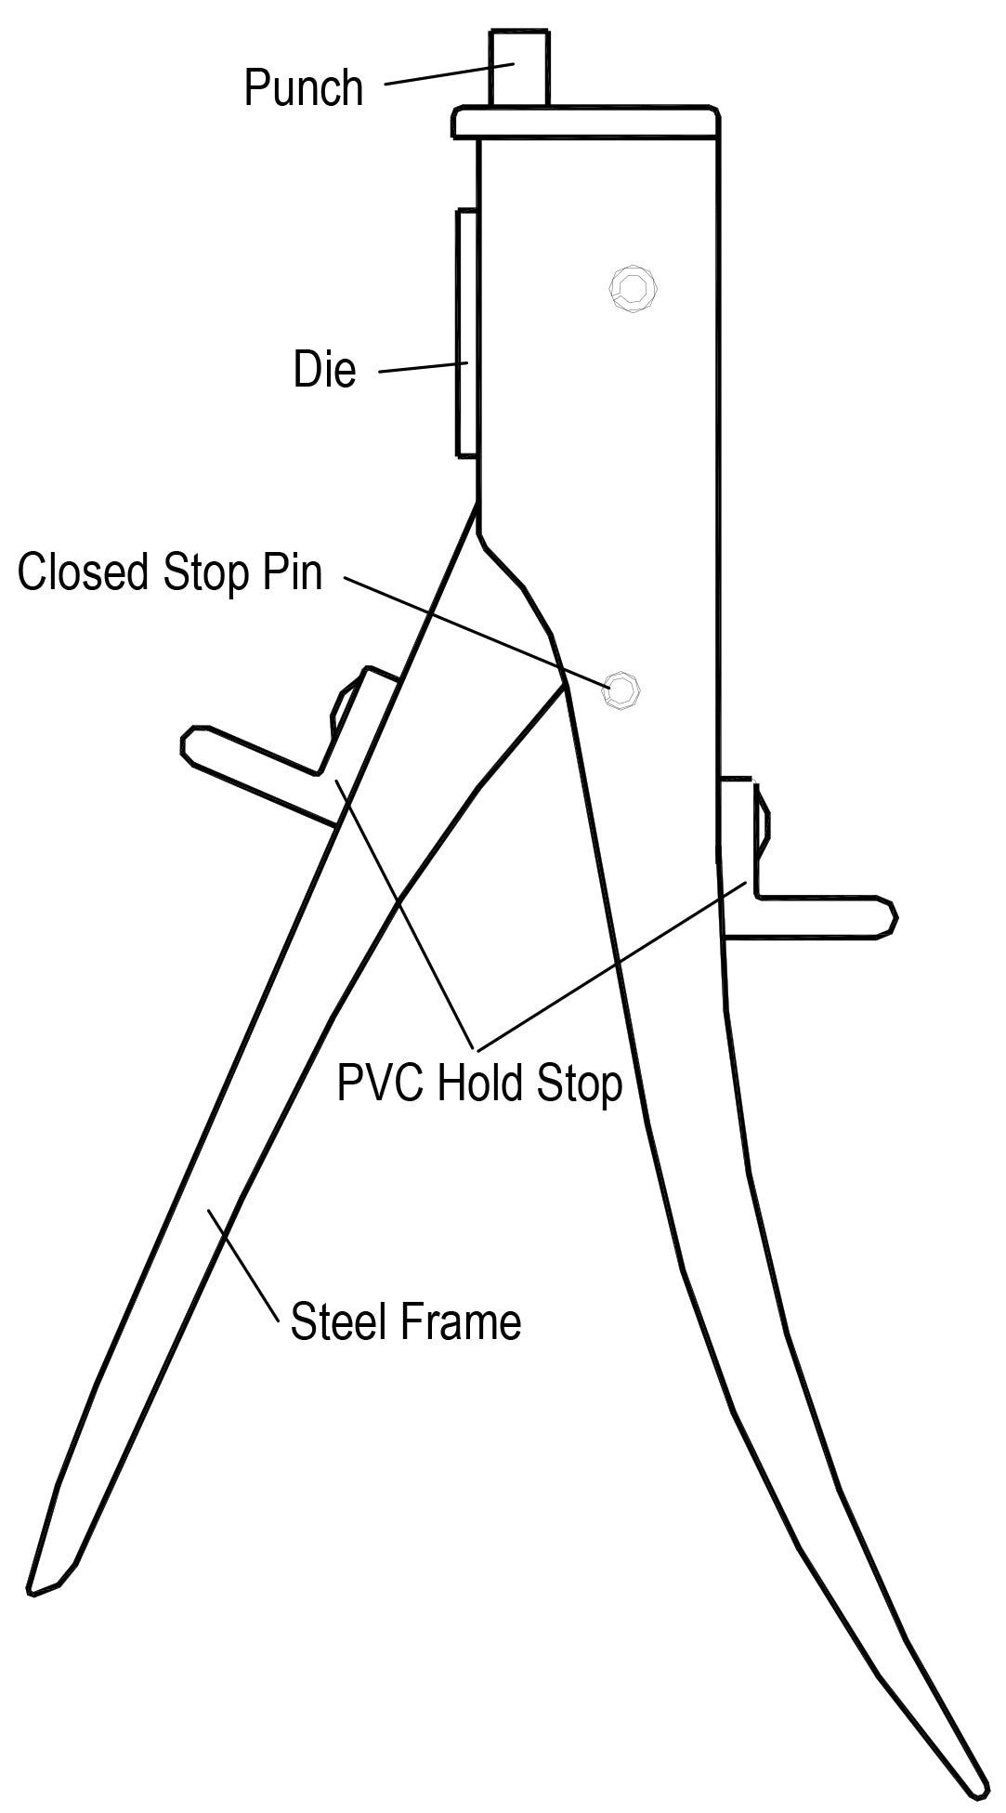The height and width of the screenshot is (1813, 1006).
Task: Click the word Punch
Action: point(303,88)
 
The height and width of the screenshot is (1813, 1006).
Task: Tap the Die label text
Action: point(324,369)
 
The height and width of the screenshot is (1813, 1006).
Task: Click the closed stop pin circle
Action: point(621,690)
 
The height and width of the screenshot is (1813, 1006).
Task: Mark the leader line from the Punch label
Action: point(450,73)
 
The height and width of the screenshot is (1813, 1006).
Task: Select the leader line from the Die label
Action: point(423,367)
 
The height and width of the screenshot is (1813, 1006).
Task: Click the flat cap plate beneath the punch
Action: point(586,124)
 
